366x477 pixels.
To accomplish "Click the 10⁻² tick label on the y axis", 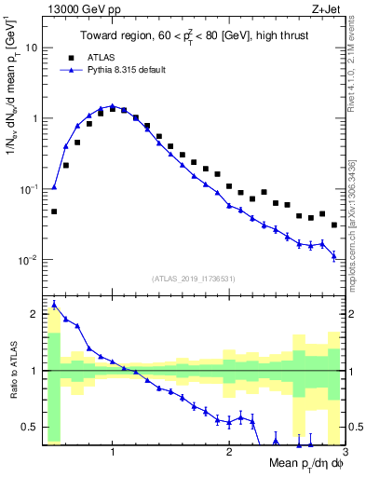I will (x=28, y=260).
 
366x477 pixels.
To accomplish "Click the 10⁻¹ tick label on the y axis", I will (x=28, y=189).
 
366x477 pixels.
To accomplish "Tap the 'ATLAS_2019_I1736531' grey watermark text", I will (x=194, y=279).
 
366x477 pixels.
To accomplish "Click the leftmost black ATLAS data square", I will (x=54, y=211).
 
